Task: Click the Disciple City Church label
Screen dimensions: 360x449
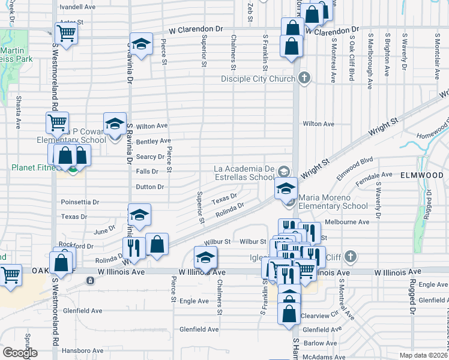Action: point(258,79)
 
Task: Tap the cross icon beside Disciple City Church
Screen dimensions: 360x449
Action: point(304,77)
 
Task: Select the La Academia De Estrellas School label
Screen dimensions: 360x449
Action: point(244,173)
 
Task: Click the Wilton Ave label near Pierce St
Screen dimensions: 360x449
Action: point(152,126)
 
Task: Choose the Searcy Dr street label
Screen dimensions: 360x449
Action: point(150,157)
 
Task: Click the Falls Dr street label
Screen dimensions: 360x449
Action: point(147,172)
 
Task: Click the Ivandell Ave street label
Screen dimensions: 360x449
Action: point(77,7)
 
